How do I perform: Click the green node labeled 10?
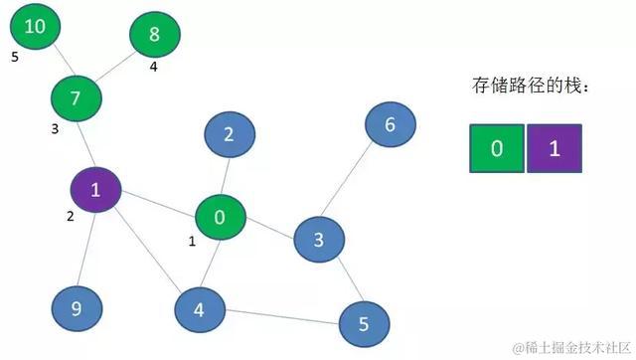tap(35, 27)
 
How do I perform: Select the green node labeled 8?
tap(154, 35)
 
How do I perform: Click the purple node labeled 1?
tap(95, 190)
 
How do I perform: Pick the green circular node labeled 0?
tap(221, 217)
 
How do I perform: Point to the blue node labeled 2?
tap(230, 136)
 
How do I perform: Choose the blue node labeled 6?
tap(390, 124)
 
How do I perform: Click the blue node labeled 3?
tap(319, 240)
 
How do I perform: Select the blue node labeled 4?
tap(199, 309)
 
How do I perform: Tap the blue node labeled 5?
tap(364, 323)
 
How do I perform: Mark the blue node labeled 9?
tap(76, 309)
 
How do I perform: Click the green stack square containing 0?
tap(496, 148)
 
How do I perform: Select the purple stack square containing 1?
tap(555, 148)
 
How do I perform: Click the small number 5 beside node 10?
tap(15, 58)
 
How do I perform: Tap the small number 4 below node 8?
tap(154, 68)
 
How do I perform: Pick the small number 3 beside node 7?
tap(56, 128)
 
